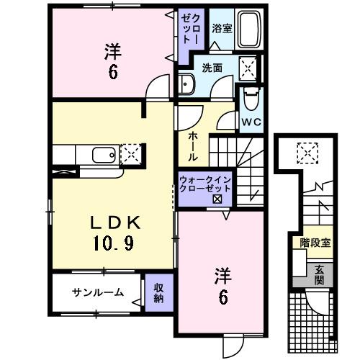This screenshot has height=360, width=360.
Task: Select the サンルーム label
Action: pos(97,292)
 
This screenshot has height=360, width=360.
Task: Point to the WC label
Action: pos(251,122)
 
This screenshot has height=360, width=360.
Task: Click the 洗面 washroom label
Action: pos(211,68)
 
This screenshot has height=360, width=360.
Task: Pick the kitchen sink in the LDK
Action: pos(102,153)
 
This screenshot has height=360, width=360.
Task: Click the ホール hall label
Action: pos(194,146)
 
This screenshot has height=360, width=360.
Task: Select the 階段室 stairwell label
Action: pos(315,243)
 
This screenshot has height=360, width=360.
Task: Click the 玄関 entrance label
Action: pos(318,276)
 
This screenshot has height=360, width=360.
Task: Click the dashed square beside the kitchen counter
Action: pos(132,153)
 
